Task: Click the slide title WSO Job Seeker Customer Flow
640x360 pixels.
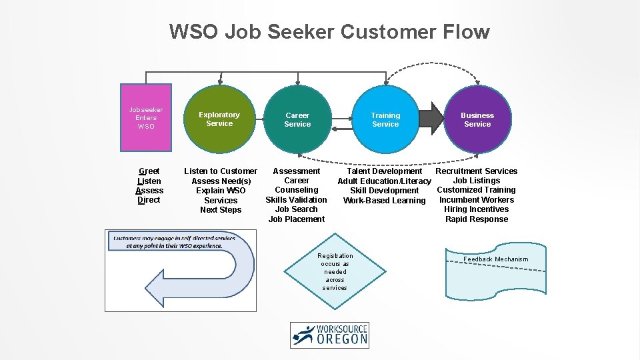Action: pos(329,31)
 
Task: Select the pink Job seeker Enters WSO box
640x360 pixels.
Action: pos(146,117)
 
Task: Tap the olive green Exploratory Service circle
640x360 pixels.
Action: pos(219,119)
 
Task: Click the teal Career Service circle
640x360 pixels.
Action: pos(297,119)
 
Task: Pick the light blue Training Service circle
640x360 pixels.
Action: pos(385,119)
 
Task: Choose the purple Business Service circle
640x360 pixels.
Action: pos(477,119)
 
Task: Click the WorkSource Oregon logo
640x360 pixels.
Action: pos(329,335)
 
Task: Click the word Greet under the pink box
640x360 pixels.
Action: pos(149,171)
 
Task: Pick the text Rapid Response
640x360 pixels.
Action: pos(477,219)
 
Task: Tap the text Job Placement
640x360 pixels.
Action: pos(297,219)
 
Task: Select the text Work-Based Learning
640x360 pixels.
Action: pos(384,201)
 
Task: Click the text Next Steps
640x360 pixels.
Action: pos(221,210)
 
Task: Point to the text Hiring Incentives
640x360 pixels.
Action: pos(477,209)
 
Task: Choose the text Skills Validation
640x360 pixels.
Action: pos(297,200)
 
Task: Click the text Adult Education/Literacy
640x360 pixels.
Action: pos(384,181)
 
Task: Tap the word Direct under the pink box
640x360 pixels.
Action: pos(149,200)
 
